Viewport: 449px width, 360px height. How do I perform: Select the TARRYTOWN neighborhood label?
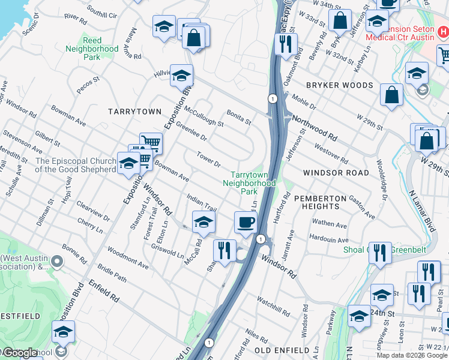(134, 112)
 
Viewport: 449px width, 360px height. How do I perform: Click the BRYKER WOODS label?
(339, 86)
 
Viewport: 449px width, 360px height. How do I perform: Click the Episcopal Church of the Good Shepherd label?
(76, 165)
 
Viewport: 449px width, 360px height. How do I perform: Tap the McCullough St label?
(204, 116)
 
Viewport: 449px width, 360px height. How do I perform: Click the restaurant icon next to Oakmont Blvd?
(285, 44)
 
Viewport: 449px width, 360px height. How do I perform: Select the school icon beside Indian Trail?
(203, 223)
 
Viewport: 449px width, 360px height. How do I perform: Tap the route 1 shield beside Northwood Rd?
(273, 98)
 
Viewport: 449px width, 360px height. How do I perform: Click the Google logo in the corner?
(20, 353)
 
